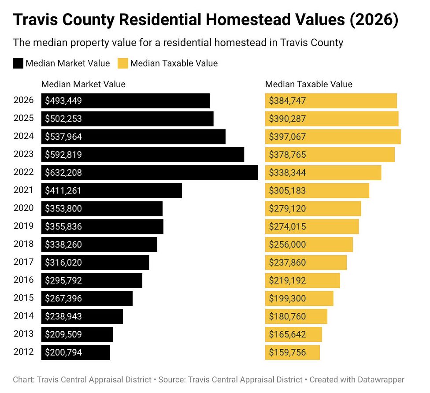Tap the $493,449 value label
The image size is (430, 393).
[63, 101]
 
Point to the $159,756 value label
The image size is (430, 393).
[287, 352]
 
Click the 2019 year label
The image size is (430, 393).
[23, 226]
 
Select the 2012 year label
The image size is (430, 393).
[23, 352]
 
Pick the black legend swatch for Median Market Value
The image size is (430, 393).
[18, 63]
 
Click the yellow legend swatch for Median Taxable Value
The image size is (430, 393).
[123, 63]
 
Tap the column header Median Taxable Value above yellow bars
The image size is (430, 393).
[308, 84]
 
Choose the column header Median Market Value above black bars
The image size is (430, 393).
[83, 84]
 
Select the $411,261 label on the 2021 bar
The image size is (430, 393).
[63, 191]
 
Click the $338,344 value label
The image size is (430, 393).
[287, 173]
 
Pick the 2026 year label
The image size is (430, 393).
[23, 100]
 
